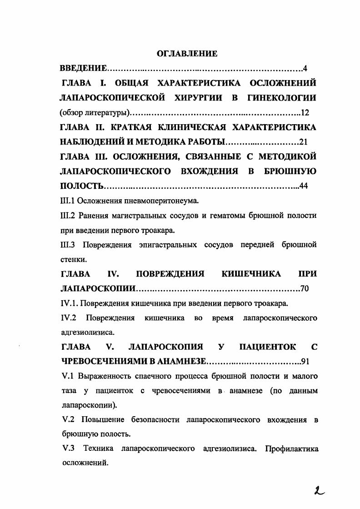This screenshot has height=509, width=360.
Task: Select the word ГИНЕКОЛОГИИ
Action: click(282, 97)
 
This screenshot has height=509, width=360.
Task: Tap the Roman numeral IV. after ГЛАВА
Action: click(113, 274)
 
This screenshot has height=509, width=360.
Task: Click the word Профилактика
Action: click(290, 449)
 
